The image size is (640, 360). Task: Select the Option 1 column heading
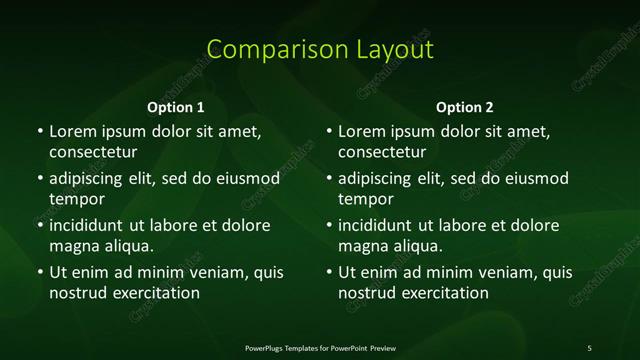tap(175, 107)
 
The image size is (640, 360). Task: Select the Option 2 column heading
tap(465, 107)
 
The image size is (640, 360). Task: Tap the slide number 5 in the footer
tap(590, 347)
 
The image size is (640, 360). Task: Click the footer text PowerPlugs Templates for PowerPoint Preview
tap(320, 347)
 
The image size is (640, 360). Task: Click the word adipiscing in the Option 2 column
tap(380, 179)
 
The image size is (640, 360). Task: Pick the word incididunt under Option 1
tap(90, 225)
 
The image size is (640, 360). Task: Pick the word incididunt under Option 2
tap(380, 225)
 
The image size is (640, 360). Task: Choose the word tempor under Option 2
tap(366, 199)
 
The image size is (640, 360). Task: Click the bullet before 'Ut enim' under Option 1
tap(39, 272)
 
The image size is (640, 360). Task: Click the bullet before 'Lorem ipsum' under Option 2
tap(329, 131)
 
